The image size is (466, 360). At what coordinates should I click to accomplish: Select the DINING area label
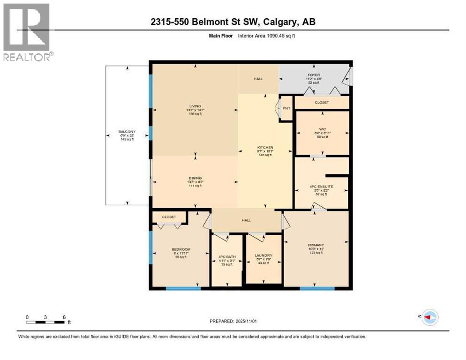[195, 178]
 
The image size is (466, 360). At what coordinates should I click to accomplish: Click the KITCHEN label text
[265, 147]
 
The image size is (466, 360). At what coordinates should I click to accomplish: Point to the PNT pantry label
[286, 108]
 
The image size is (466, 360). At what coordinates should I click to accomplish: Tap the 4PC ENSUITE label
[321, 186]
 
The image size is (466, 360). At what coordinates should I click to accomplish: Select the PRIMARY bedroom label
[316, 245]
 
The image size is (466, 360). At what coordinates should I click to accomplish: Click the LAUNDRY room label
[263, 255]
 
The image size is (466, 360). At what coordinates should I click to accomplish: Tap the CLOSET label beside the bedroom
[169, 217]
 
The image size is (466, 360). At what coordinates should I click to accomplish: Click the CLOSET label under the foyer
[322, 102]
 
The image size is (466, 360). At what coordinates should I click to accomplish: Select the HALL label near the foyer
[258, 79]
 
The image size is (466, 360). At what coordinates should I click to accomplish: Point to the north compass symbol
[428, 318]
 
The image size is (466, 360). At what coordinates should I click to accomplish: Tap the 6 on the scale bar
[63, 317]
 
